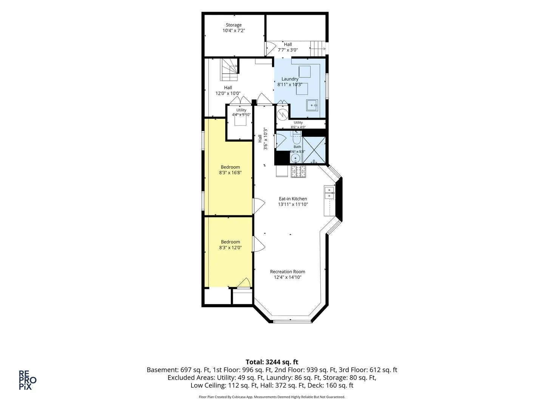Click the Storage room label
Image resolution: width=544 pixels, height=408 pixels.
(233, 25)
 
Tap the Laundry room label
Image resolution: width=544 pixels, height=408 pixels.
(290, 79)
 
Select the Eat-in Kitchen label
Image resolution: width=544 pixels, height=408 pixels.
(293, 199)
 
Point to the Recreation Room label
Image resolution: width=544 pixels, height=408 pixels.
(287, 272)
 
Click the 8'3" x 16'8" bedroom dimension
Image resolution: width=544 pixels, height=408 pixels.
(230, 173)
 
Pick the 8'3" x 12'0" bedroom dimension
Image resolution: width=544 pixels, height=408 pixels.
(230, 247)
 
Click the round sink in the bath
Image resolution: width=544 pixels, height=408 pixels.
(295, 158)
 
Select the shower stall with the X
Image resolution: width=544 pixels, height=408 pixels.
(314, 150)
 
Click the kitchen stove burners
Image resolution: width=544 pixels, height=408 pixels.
(298, 172)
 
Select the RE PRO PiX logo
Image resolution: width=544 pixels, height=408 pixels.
(28, 380)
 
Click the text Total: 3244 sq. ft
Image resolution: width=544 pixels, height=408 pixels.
(272, 362)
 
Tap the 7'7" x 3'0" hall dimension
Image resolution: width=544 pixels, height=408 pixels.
(287, 50)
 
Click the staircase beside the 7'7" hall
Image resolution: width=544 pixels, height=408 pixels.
(317, 49)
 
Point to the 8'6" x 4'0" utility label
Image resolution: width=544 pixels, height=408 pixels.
(298, 127)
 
